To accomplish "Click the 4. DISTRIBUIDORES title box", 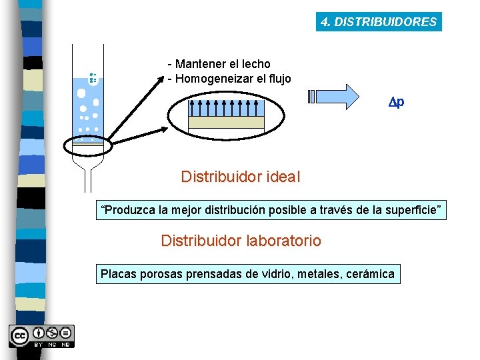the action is coord(379,22).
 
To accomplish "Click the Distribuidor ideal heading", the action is coord(241,177).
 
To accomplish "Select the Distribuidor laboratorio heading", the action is coord(241,241).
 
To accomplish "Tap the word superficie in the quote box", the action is coord(412,211).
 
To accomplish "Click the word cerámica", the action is coord(370,273).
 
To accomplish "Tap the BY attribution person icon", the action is coord(39,333).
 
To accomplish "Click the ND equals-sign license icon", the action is coord(66,333).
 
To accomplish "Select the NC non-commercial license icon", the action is coord(52,333).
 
